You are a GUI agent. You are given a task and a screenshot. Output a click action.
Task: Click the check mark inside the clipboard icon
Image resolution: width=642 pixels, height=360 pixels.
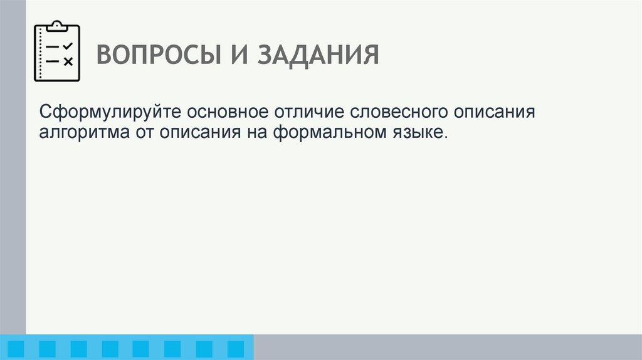tap(68, 46)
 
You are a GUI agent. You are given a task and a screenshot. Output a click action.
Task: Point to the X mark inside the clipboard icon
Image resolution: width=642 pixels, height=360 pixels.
tap(68, 61)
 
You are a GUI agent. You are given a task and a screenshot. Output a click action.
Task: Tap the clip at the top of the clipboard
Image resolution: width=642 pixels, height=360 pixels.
tap(57, 26)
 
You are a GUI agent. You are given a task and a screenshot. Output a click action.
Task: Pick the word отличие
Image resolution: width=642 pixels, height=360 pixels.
tap(308, 114)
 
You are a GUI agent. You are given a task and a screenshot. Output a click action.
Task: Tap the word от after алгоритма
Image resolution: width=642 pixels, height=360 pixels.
tap(143, 133)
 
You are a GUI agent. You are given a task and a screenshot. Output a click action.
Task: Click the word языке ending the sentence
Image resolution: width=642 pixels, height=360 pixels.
tap(414, 133)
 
